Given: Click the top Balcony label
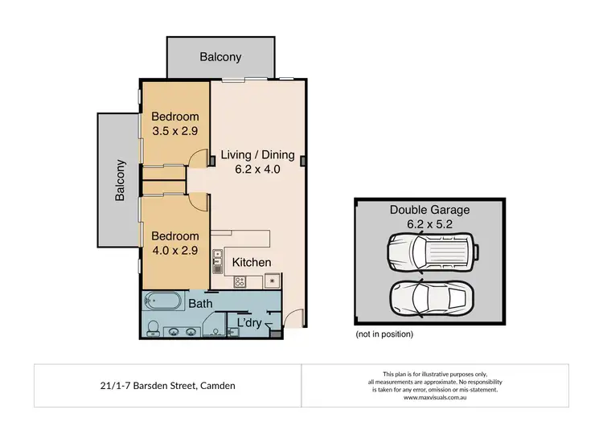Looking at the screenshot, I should (220, 57).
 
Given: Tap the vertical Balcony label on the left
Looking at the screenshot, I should (120, 180).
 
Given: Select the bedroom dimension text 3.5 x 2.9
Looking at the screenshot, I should (175, 132).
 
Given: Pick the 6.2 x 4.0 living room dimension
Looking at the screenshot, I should (257, 170).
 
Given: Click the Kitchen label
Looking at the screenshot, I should (252, 262).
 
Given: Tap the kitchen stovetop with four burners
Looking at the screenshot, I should (239, 281).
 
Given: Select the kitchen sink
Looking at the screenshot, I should (218, 259).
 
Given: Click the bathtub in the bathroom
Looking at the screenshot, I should (164, 303).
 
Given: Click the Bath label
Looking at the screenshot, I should (200, 304).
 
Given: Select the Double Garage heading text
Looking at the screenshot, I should (430, 210).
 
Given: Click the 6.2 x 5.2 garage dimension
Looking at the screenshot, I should (430, 224).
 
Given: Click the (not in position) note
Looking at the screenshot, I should (384, 334).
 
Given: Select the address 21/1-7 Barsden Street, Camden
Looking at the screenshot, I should (166, 386).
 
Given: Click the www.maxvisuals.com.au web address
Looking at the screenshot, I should (435, 397).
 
